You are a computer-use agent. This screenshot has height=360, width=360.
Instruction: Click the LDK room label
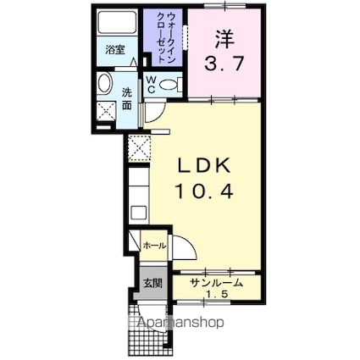pos(202,164)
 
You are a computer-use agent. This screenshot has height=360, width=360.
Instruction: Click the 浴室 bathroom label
pos(114,50)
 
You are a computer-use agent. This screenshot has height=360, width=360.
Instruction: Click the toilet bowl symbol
pos(169,84)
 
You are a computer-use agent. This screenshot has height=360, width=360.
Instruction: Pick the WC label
pos(150,83)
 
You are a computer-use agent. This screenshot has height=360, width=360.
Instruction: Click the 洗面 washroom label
pos(126,99)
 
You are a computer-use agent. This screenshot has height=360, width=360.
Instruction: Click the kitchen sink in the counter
pos(138,212)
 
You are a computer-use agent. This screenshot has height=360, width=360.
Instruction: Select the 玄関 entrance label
pos(150,282)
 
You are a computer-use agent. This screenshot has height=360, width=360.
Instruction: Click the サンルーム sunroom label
pos(216,283)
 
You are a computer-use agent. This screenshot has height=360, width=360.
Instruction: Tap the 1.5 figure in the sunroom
pos(217,294)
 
